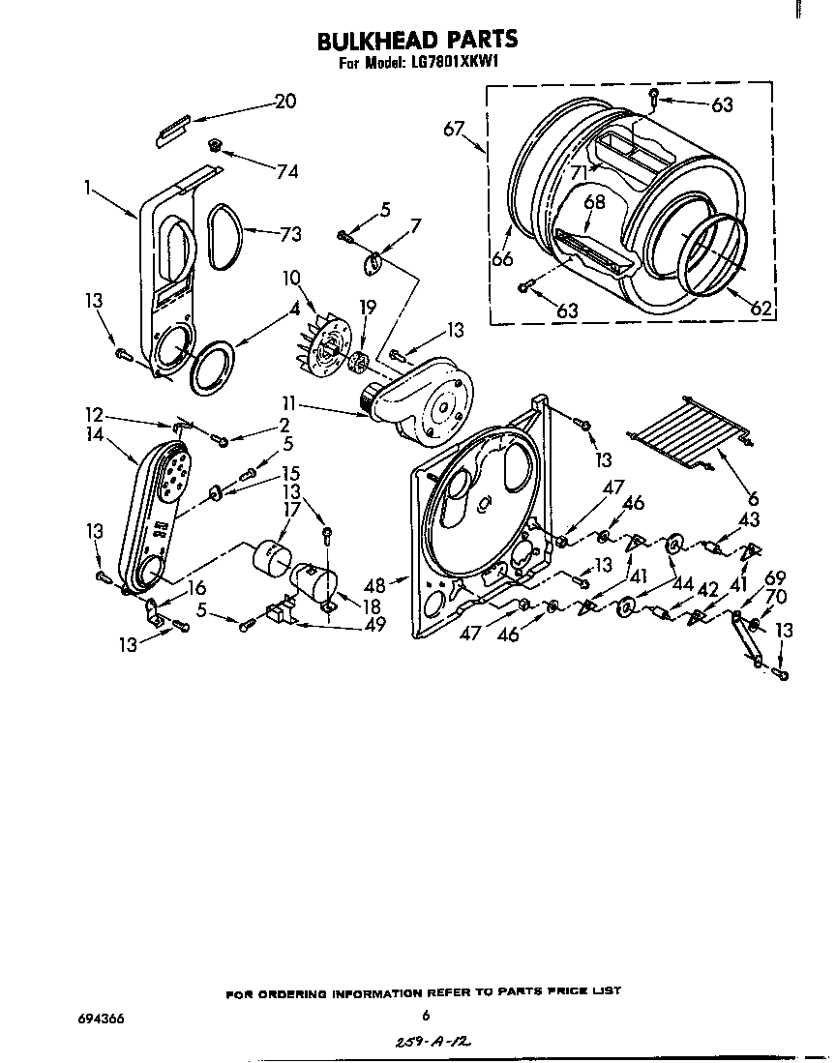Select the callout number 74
pyautogui.click(x=286, y=171)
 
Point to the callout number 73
pyautogui.click(x=289, y=234)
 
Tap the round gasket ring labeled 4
pyautogui.click(x=213, y=366)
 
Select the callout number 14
pyautogui.click(x=94, y=435)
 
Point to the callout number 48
pyautogui.click(x=375, y=585)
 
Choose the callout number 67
pyautogui.click(x=455, y=129)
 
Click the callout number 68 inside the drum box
pyautogui.click(x=594, y=201)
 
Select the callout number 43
pyautogui.click(x=749, y=519)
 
